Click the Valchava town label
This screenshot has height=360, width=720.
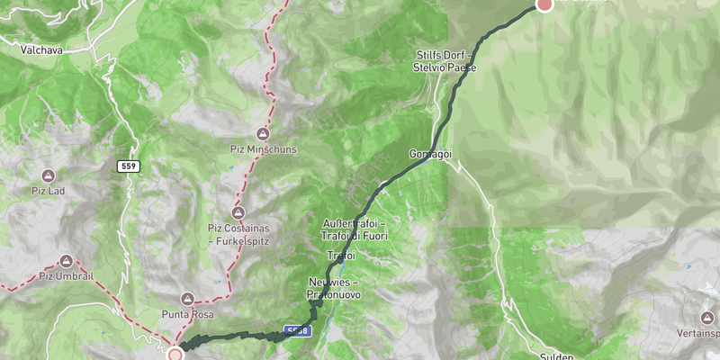pos(42,50)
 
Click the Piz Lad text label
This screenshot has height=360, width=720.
pos(49,191)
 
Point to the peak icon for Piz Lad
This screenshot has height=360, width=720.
pos(49,175)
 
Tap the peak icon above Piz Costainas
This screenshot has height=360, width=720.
pos(238,212)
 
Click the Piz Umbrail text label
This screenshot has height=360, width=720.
pos(67,276)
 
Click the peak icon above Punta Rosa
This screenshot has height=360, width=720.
pos(187,298)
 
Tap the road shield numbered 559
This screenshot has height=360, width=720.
pos(126,166)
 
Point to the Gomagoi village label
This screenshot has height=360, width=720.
pos(429,154)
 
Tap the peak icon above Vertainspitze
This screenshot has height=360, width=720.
pos(706,318)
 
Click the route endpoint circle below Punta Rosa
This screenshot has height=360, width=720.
pos(175,355)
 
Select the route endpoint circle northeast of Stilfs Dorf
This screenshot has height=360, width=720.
pos(544,4)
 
